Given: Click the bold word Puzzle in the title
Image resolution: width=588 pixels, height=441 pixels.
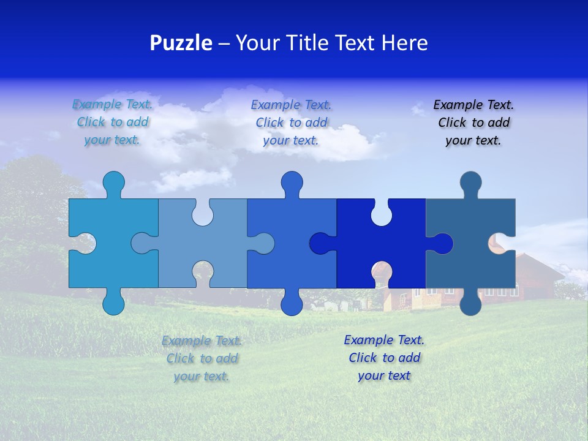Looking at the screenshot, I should [x=181, y=43].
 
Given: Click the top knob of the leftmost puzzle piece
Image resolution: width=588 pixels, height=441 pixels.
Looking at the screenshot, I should [x=113, y=182].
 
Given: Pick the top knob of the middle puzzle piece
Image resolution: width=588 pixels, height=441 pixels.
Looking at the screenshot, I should [x=292, y=182].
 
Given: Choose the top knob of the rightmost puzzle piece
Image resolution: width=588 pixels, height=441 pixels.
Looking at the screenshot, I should [x=470, y=182].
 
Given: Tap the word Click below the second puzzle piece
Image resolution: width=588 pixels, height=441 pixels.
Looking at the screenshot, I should [x=181, y=358].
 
